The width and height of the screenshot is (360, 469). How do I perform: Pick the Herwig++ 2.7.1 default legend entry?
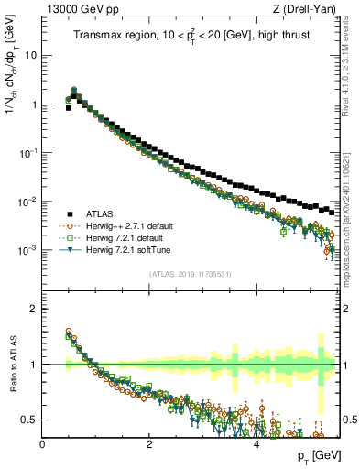129,226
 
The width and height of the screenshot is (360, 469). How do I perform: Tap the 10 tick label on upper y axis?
30,55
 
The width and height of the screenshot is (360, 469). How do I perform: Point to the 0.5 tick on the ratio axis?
29,420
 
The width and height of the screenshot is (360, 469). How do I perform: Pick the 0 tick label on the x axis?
42,445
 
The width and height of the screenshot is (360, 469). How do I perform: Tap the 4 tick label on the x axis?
256,445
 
